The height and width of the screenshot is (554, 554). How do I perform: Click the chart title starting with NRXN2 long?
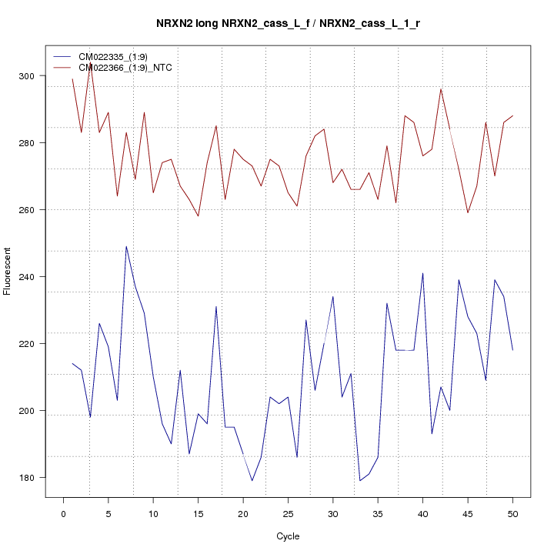[x=288, y=24]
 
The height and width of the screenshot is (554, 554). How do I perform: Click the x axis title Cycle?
[x=287, y=536]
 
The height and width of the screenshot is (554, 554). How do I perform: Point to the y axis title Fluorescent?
[x=8, y=271]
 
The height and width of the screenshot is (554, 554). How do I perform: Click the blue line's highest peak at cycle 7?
[x=126, y=246]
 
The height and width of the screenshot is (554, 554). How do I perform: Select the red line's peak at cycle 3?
[x=90, y=63]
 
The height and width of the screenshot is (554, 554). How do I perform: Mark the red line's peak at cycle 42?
[x=441, y=89]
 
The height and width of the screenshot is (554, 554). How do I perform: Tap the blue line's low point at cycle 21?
[x=252, y=481]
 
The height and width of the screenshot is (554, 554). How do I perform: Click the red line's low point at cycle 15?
[x=198, y=216]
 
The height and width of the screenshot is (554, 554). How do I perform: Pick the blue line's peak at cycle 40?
[x=422, y=273]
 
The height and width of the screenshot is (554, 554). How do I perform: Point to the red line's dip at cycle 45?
[x=468, y=213]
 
